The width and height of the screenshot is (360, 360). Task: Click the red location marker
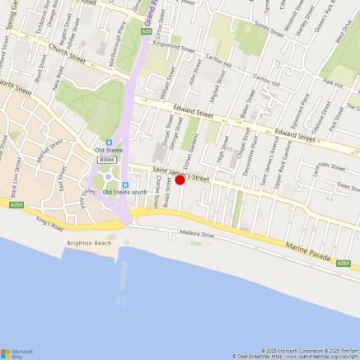(180, 180)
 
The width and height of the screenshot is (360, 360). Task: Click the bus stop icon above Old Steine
(109, 140)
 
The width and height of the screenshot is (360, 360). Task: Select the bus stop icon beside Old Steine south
(124, 185)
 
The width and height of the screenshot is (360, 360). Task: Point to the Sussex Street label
(270, 32)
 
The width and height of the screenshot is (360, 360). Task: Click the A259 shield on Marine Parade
(344, 263)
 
